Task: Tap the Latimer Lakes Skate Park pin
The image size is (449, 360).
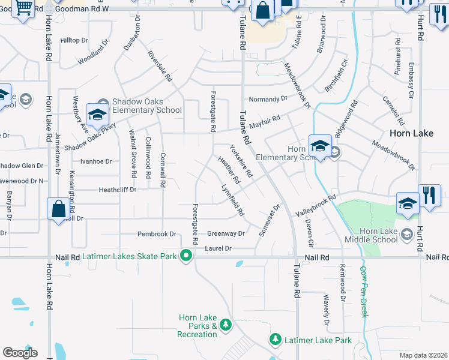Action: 186,256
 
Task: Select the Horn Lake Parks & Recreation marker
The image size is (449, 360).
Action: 226,325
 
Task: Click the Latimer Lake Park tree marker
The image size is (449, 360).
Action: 276,340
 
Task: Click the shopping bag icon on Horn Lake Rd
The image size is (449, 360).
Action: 59,209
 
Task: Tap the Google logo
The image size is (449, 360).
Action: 20,353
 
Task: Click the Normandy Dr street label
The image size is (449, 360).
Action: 268,99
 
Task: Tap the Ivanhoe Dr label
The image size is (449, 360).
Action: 96,161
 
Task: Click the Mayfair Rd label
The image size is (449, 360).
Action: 265,123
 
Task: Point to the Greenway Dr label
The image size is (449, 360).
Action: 226,234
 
